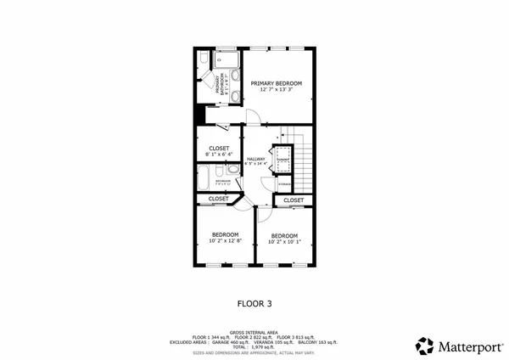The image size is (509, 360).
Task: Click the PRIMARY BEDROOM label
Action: click(x=277, y=82)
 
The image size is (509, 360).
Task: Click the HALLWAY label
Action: click(x=255, y=159)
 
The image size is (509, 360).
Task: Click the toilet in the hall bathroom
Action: click(x=232, y=171)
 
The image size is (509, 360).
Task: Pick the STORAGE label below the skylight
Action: click(x=283, y=182)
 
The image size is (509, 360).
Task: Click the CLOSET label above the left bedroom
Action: click(x=218, y=199)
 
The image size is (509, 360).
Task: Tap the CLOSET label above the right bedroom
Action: click(x=294, y=200)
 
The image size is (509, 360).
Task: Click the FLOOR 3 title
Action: click(x=255, y=301)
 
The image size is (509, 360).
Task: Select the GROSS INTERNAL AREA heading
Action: click(x=255, y=333)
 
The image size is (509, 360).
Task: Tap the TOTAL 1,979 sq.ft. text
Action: click(x=255, y=347)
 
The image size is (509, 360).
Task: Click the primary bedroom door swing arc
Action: click(x=251, y=115)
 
